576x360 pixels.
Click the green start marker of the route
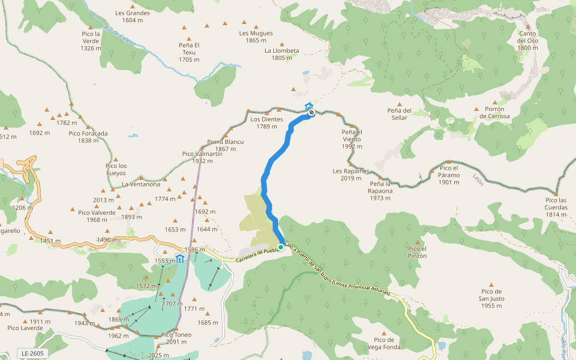tap(280, 247)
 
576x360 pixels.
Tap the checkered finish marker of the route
tap(311, 112)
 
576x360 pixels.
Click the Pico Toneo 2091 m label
tap(176, 338)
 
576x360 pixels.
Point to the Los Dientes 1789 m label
tap(267, 122)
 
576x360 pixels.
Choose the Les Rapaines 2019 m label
tap(351, 174)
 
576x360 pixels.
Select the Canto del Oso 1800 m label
tap(528, 40)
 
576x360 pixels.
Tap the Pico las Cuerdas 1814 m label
tap(556, 207)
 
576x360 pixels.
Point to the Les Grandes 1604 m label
tap(133, 16)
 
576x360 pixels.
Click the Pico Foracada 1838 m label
tap(88, 137)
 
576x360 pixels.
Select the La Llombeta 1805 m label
tap(281, 54)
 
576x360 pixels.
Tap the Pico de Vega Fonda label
tap(383, 343)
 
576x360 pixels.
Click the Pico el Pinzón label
tap(417, 252)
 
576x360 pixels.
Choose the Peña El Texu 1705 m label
tap(189, 52)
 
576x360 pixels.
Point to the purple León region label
tap(478, 179)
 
